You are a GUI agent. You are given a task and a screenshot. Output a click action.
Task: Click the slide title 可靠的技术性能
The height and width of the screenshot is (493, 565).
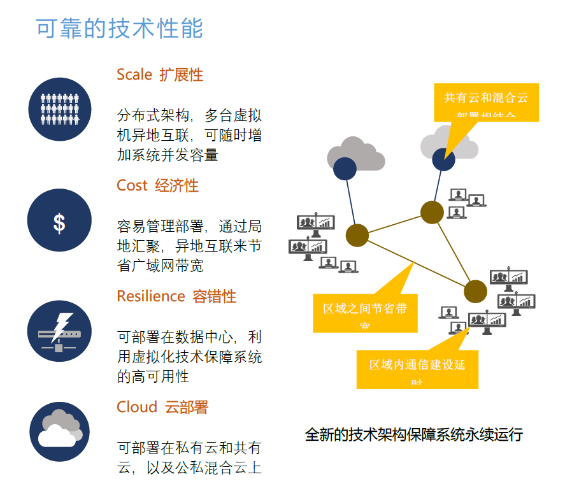[119, 29]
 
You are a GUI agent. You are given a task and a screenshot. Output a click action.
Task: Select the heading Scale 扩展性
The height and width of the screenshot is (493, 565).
[159, 75]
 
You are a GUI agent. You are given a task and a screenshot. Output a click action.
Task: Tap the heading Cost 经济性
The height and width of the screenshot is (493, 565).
[157, 185]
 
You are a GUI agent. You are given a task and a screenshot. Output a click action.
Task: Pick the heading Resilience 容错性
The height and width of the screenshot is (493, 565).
[176, 296]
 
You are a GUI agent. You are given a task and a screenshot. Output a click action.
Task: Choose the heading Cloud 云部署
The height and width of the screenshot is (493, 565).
[162, 407]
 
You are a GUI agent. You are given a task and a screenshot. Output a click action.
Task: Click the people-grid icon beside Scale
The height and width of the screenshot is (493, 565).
[60, 109]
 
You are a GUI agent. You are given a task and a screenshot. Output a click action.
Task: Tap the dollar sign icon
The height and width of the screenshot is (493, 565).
[59, 220]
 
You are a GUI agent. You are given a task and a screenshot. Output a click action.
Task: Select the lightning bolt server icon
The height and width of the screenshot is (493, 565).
[59, 331]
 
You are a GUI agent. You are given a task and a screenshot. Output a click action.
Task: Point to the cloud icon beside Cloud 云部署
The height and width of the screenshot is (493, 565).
[59, 431]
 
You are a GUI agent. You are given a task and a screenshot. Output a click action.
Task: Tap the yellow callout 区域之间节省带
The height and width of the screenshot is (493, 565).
[365, 311]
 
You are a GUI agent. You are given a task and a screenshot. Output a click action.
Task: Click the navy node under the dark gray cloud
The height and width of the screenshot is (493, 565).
[345, 168]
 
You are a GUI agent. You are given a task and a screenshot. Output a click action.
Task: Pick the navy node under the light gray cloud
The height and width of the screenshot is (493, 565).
[443, 159]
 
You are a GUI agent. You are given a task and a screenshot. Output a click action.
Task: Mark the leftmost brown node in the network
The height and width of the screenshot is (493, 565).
[357, 235]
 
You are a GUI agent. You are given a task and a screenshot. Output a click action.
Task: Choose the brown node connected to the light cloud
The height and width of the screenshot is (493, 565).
[432, 213]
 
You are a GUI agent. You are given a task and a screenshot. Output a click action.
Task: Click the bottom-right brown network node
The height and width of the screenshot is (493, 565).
[475, 291]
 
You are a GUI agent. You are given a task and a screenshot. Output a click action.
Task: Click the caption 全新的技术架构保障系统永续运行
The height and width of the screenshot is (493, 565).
[413, 435]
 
